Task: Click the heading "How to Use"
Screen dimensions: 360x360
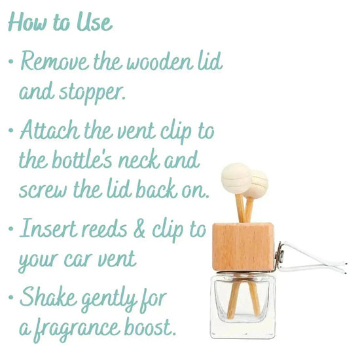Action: pos(60,22)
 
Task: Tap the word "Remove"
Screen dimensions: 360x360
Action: pos(55,62)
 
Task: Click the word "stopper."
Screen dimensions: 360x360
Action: pos(92,93)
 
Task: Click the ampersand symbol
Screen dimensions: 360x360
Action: pos(139,228)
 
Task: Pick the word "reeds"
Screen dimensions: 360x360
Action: pos(105,228)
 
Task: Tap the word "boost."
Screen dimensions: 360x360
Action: pos(151,326)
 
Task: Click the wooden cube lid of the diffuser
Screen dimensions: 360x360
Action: pos(243,247)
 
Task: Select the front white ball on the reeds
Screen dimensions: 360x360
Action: pos(236,179)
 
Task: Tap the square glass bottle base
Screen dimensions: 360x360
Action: pos(243,306)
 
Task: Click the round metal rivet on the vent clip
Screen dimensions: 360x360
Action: pos(281,254)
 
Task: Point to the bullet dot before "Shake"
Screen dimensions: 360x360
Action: pos(10,298)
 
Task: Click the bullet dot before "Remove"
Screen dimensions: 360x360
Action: pos(10,62)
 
